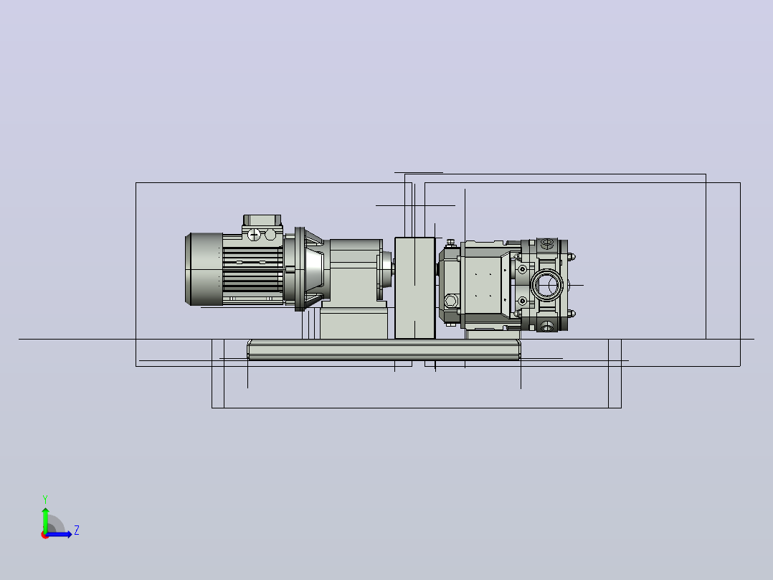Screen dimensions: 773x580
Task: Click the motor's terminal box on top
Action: [x=262, y=220]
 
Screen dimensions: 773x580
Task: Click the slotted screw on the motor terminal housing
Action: [x=253, y=235]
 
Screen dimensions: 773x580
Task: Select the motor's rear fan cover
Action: [x=204, y=269]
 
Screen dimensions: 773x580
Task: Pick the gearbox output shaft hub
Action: [x=386, y=269]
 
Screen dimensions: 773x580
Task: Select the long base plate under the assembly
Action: [x=384, y=350]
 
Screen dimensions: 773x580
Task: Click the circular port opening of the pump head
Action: [x=547, y=285]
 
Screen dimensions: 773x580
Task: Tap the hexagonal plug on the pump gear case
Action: [x=451, y=301]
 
